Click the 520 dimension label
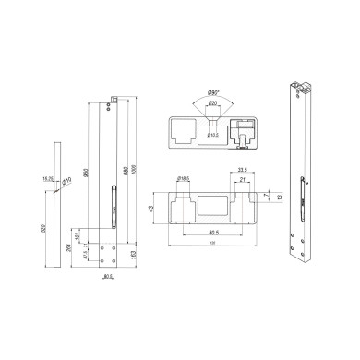tap(45, 227)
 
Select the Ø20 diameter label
tap(213, 103)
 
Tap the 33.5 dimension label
tap(241, 170)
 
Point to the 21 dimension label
tap(243, 182)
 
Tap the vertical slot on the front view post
tap(114, 198)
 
